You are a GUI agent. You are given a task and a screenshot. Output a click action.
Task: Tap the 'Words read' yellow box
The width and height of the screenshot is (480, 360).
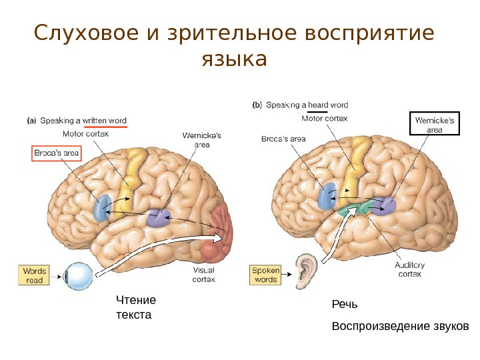(x=34, y=276)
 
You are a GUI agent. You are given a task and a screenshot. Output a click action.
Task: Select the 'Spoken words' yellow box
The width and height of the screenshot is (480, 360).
(x=265, y=275)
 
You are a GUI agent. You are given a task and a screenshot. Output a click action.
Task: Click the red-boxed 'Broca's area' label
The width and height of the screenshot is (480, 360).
(x=57, y=154)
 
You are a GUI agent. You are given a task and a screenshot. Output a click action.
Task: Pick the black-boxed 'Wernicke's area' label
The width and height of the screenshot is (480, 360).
(x=434, y=125)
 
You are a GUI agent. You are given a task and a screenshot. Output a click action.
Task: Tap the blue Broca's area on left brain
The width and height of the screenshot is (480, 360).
(x=102, y=207)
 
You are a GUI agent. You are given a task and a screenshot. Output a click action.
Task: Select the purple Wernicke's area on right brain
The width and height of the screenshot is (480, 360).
(x=386, y=205)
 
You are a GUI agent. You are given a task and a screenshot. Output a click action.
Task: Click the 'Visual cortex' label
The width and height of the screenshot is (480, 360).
(x=203, y=275)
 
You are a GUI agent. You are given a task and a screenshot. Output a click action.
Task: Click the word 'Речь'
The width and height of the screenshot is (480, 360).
(x=345, y=305)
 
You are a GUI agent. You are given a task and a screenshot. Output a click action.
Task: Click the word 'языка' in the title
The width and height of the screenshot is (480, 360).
(x=233, y=60)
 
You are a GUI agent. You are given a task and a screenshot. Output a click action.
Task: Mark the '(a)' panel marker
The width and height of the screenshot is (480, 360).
(x=31, y=121)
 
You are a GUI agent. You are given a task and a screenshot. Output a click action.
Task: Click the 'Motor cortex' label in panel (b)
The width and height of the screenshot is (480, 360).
(x=323, y=119)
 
